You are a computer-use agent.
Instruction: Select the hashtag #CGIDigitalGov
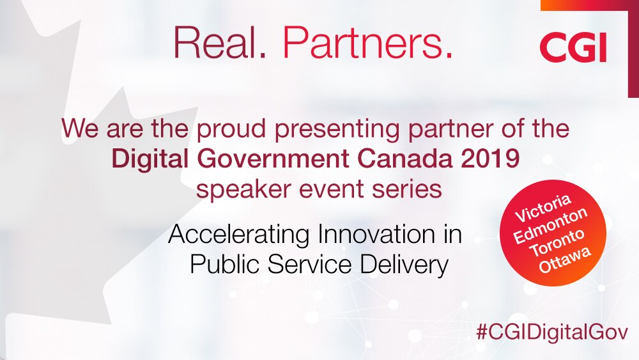pos(552,332)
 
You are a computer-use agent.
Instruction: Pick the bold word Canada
pos(403,159)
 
